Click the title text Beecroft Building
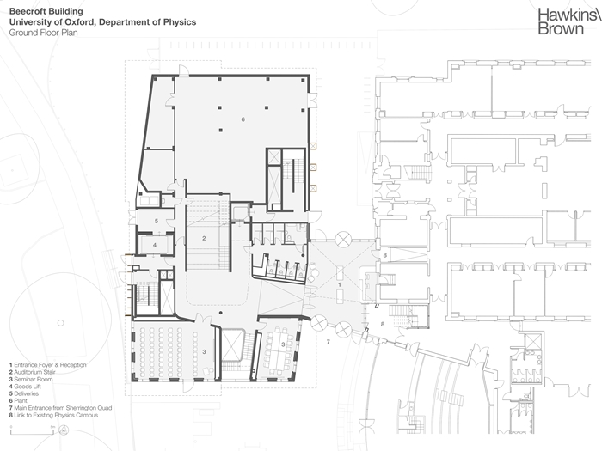pos(46,11)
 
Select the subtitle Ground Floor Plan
pos(43,33)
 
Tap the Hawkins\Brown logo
pos(569,21)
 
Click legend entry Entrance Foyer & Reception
pos(48,365)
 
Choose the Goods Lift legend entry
pos(25,387)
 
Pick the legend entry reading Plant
pos(18,401)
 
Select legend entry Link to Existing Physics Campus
pos(53,415)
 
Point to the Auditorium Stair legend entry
pos(33,372)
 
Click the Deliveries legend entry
pos(24,393)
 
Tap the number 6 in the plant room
pos(243,119)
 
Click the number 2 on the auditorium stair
pos(204,238)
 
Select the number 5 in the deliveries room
pos(157,221)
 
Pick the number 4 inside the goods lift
pos(155,245)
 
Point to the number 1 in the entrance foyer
pos(340,285)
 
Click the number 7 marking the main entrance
pos(328,341)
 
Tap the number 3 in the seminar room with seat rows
pos(205,351)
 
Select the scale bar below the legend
pos(32,432)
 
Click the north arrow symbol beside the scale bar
pos(64,430)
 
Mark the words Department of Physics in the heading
pos(147,22)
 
